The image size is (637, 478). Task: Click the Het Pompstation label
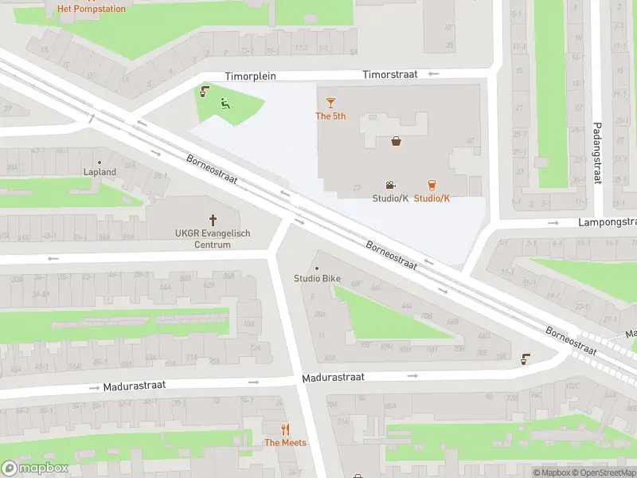point(91,10)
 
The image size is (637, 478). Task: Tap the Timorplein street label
point(249,76)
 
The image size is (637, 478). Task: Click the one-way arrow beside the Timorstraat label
point(433,74)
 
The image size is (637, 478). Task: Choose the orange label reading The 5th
point(330,116)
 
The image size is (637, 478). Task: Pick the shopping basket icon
point(397,142)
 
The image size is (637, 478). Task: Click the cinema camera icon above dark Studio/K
point(390,184)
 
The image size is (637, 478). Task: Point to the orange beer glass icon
point(432,184)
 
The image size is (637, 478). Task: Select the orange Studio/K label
point(432,198)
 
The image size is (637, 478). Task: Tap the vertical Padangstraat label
point(596,152)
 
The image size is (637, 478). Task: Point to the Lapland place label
point(100,172)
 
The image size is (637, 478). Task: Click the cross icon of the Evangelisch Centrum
point(213,219)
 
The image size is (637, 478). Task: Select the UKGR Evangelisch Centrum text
point(213,239)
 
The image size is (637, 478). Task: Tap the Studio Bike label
point(317,279)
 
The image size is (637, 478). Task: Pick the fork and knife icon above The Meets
point(285,429)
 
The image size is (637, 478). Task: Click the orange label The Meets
point(285,443)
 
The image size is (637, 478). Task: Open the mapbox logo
point(36,468)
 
